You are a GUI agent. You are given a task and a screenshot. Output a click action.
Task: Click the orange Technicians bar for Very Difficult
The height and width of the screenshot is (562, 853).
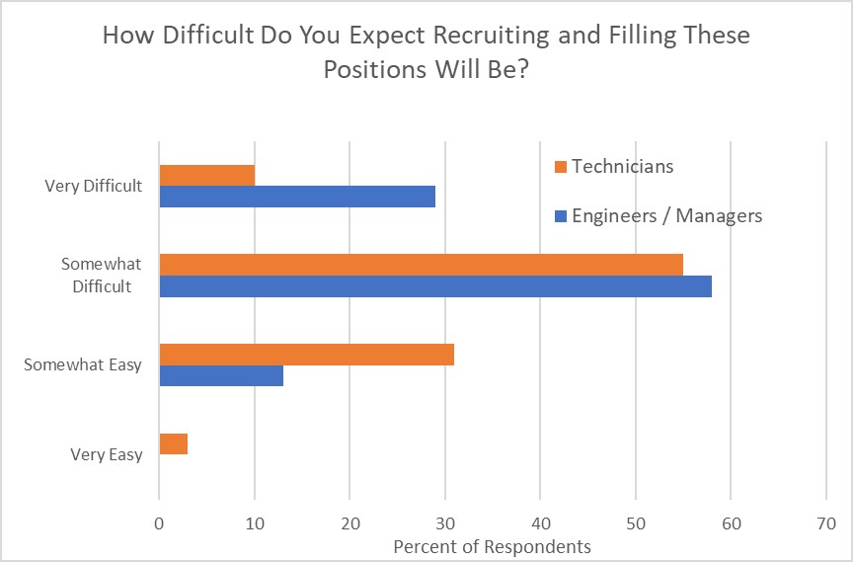pyautogui.click(x=206, y=175)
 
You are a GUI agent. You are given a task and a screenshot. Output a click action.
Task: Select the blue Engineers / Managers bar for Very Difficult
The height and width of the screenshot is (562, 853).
pyautogui.click(x=297, y=196)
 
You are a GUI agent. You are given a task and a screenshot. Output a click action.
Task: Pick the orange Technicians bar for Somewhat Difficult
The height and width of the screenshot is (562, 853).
pyautogui.click(x=421, y=265)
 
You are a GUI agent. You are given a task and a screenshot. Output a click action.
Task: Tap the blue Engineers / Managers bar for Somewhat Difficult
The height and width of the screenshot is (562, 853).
pyautogui.click(x=435, y=285)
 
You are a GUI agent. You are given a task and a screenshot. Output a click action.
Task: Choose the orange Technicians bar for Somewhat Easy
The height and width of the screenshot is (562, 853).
pyautogui.click(x=306, y=354)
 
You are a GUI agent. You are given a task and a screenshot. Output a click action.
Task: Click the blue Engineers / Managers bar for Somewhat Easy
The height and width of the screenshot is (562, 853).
pyautogui.click(x=221, y=375)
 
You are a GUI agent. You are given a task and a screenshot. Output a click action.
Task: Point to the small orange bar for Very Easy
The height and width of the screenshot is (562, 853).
pyautogui.click(x=173, y=443)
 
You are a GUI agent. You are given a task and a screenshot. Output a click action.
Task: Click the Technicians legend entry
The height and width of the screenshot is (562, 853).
pyautogui.click(x=622, y=166)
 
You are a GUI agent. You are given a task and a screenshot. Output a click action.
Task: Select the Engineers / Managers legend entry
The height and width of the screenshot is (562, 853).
pyautogui.click(x=666, y=215)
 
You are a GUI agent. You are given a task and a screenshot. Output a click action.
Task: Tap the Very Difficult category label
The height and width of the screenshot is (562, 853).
pyautogui.click(x=94, y=185)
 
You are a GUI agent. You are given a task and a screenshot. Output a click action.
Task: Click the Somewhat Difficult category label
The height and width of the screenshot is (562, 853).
pyautogui.click(x=102, y=276)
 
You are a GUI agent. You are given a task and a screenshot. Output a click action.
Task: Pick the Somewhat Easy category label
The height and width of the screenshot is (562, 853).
pyautogui.click(x=83, y=364)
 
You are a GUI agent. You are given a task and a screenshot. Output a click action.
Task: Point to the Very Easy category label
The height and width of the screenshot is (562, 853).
pyautogui.click(x=107, y=454)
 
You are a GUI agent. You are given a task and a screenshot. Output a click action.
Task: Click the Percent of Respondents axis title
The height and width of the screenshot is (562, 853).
pyautogui.click(x=492, y=546)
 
